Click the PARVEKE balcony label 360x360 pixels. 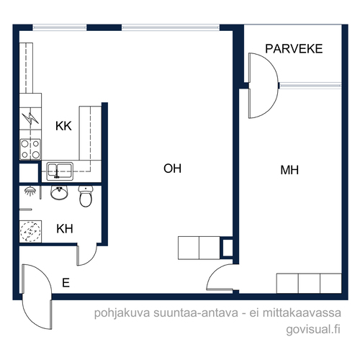[x=294, y=49]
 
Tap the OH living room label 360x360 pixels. [x=172, y=168]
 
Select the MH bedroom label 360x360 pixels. [x=289, y=170]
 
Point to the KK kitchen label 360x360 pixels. [x=63, y=126]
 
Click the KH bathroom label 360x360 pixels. [x=65, y=229]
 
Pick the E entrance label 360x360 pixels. [x=66, y=283]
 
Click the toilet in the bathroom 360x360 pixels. [x=86, y=196]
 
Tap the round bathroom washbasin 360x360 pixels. [x=59, y=193]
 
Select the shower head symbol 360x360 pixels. [x=30, y=192]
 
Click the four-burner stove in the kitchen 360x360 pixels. [x=30, y=150]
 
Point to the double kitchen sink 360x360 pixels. [x=60, y=171]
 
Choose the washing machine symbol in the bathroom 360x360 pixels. [x=30, y=231]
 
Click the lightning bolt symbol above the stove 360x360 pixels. [x=30, y=118]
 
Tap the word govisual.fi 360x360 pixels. [x=313, y=329]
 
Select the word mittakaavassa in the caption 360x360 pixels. [x=302, y=312]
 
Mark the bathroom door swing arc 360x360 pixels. [x=91, y=260]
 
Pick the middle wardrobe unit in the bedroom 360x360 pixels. [x=309, y=283]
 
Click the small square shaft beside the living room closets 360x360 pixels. [x=227, y=248]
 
